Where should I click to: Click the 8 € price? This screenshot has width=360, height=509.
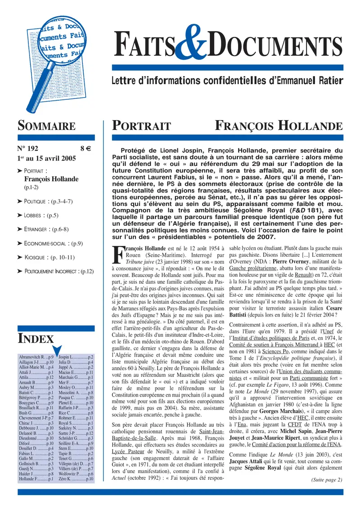coord(86,147)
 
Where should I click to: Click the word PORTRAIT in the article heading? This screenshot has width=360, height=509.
coord(141,125)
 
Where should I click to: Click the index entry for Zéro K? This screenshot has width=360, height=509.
coord(76,480)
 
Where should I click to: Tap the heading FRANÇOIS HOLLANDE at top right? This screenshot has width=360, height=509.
coord(279,125)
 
